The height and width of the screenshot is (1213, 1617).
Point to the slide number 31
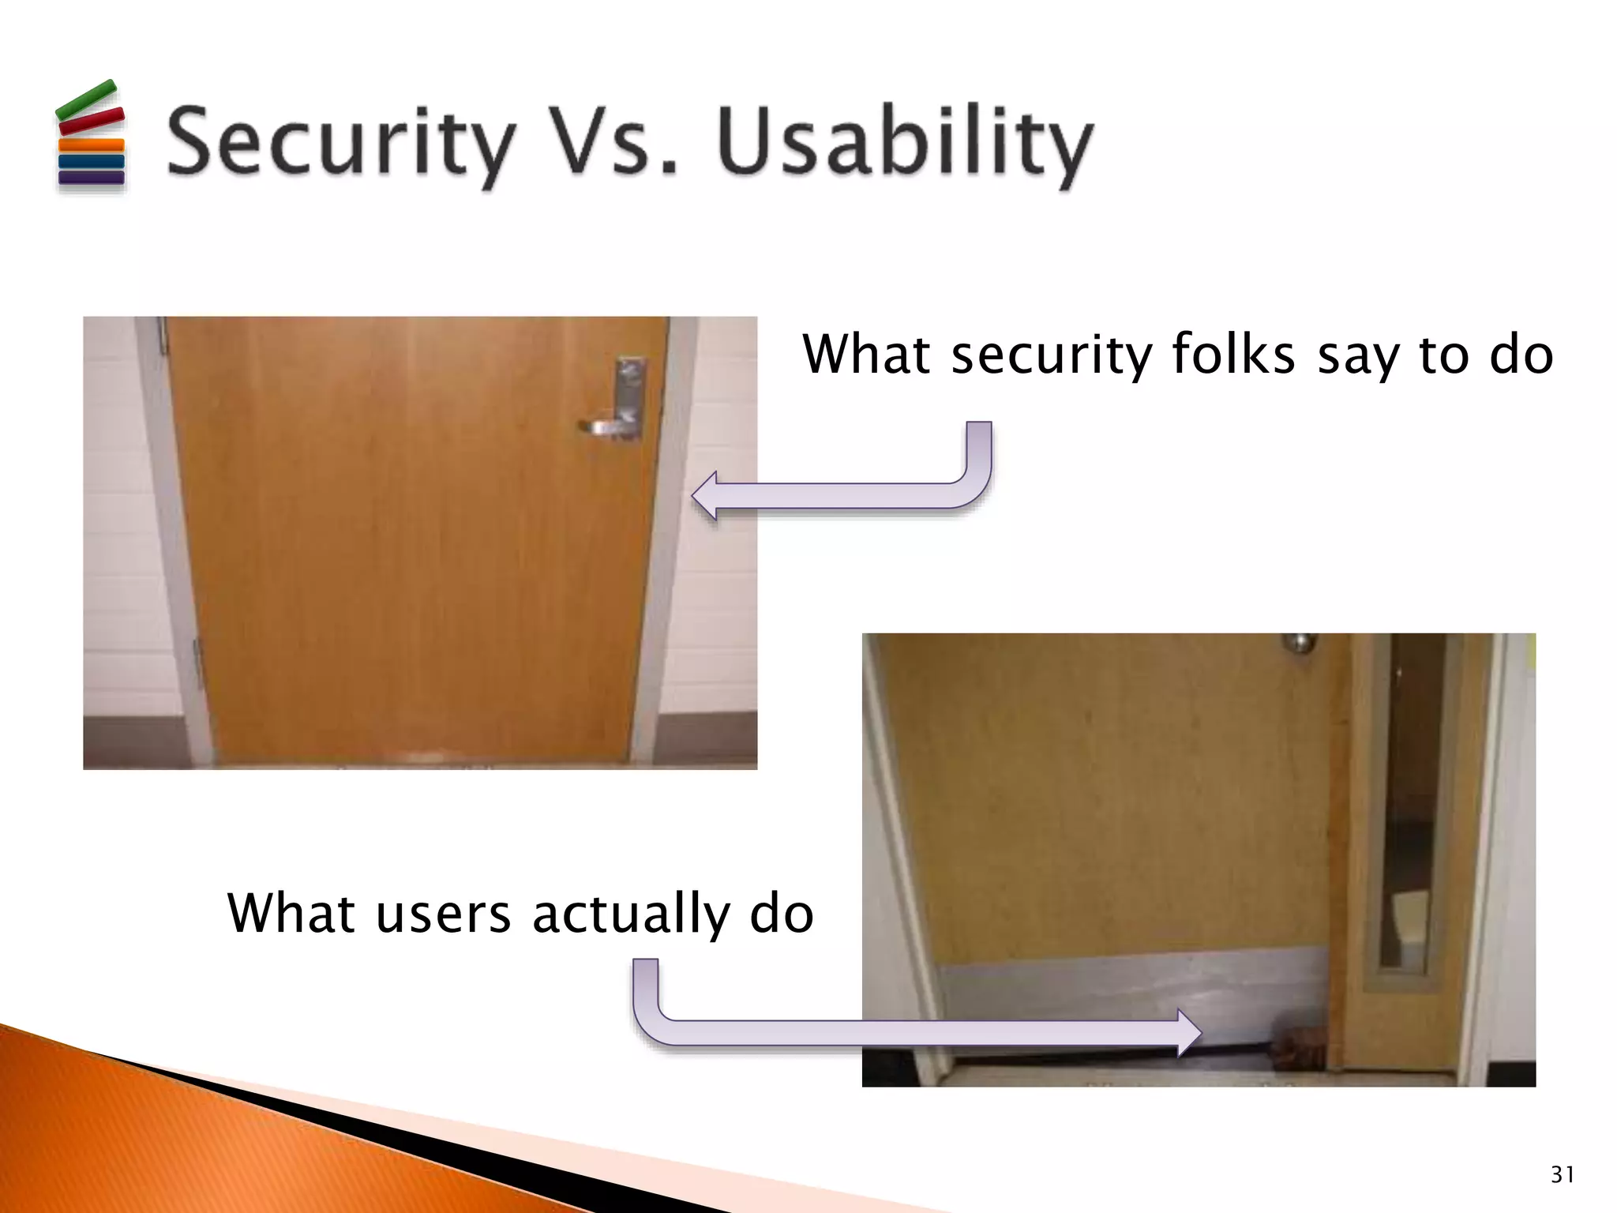[x=1562, y=1174]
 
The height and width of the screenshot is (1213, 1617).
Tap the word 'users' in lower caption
[x=443, y=914]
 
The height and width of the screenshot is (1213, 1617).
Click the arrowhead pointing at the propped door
[x=1188, y=1032]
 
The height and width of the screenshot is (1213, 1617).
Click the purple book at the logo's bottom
[x=91, y=178]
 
